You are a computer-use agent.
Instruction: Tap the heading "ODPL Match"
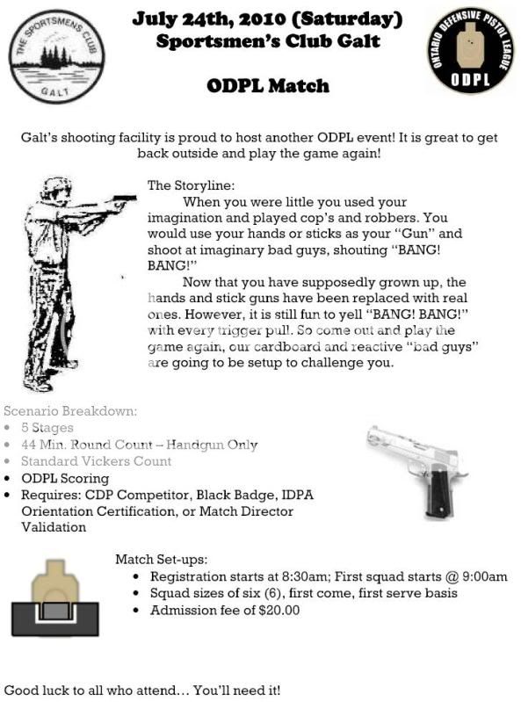(268, 86)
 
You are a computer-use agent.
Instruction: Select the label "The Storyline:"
(191, 185)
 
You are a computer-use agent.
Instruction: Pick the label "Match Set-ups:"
(162, 559)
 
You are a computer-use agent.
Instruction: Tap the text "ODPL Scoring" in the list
(65, 478)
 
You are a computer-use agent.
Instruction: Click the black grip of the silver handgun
(433, 495)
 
